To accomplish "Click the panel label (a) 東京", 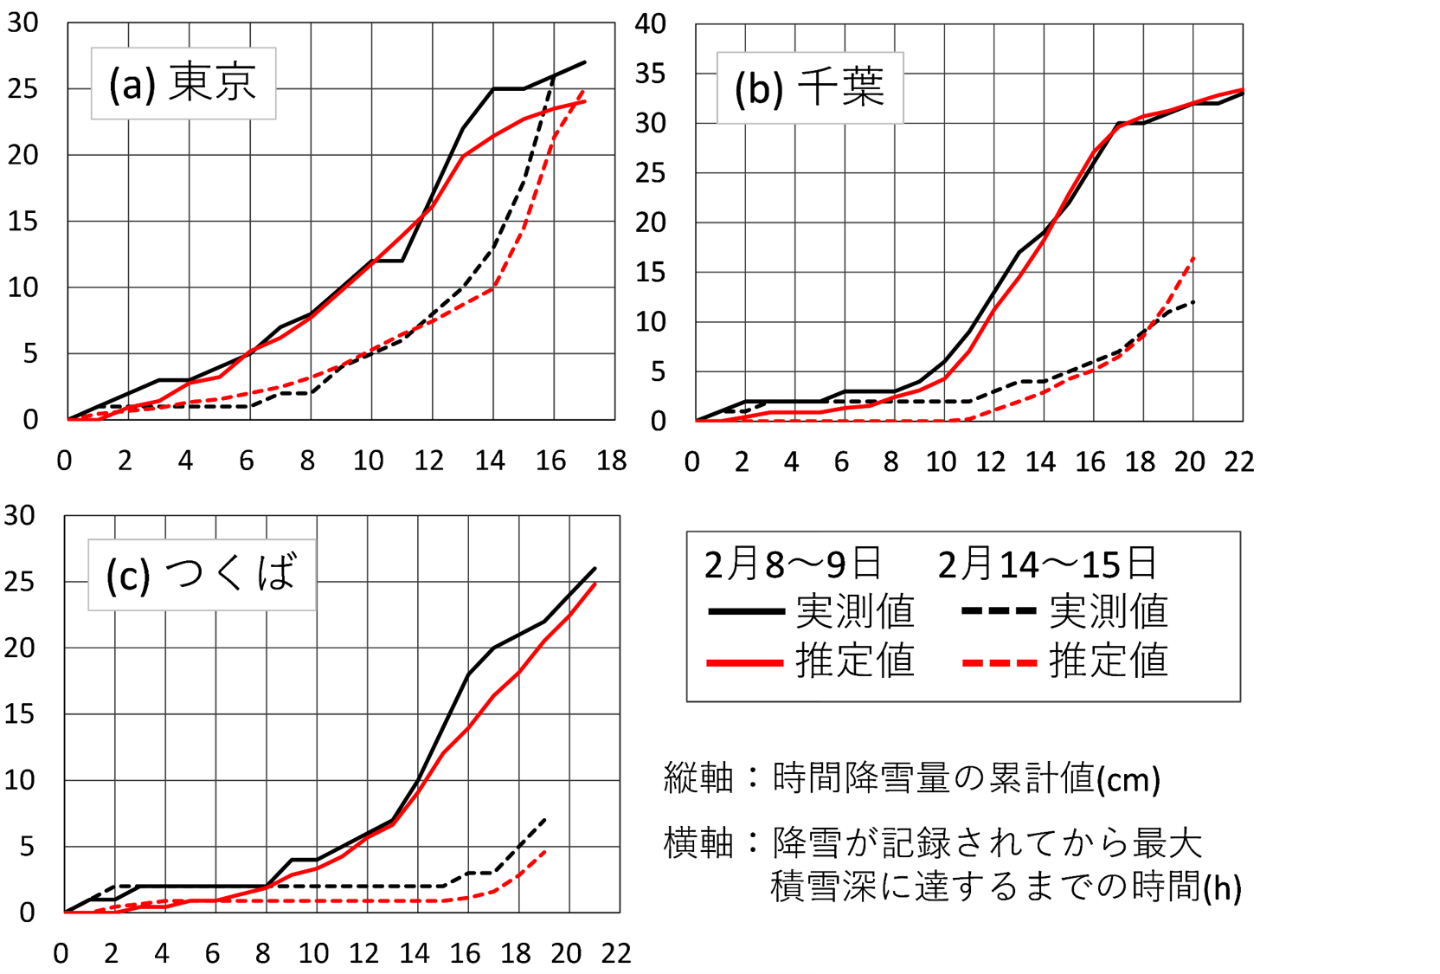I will (x=183, y=83).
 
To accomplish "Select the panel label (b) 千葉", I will (x=809, y=87).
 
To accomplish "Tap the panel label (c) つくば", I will (x=202, y=575).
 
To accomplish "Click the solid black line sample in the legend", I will (x=746, y=612).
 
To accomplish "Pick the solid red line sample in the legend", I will (x=746, y=663).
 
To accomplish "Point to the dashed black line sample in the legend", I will (x=999, y=612).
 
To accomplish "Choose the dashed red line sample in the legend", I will (x=999, y=663).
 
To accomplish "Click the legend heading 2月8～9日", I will (x=793, y=564).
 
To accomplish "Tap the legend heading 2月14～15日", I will (x=1047, y=564).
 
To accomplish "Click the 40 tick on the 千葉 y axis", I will (x=651, y=23).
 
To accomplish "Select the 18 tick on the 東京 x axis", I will (x=611, y=461).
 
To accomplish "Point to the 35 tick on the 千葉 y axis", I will (x=651, y=74).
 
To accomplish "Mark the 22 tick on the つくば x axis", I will (x=616, y=953).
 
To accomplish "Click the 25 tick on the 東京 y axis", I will (x=23, y=88).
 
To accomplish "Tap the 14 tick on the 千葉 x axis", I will (x=1040, y=462).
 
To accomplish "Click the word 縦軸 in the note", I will (x=697, y=778).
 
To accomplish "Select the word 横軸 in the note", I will (x=697, y=842).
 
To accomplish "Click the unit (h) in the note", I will (x=1223, y=887).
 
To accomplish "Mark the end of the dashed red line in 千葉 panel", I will (x=1194, y=257).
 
